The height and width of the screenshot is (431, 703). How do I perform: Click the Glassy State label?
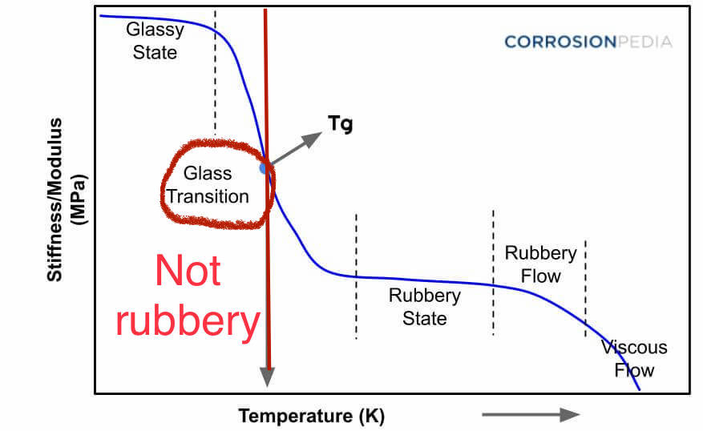tap(155, 41)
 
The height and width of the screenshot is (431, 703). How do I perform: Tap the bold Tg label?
tap(340, 124)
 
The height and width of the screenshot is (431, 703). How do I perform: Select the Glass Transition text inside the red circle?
tap(207, 184)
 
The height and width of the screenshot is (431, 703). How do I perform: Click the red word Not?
tap(188, 272)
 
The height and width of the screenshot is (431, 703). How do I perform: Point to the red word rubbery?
tap(188, 321)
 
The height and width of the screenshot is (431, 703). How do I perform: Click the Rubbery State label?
tap(425, 306)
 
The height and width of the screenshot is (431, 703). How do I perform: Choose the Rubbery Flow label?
tap(540, 264)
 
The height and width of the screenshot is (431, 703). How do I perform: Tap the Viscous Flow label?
tap(634, 359)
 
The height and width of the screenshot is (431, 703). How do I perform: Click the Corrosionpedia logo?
tap(588, 42)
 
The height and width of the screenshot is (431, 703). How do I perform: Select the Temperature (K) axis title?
tap(311, 417)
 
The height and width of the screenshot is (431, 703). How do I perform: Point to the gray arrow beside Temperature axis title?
tap(530, 414)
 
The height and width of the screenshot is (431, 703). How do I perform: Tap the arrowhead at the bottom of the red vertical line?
tap(267, 377)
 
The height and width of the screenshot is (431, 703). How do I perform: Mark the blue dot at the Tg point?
tap(264, 168)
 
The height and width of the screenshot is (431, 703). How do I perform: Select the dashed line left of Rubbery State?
tap(356, 276)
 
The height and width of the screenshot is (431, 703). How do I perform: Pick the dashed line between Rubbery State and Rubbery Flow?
tap(493, 272)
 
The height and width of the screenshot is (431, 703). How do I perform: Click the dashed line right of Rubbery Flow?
tap(585, 288)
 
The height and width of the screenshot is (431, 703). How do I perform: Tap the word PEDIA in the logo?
tap(646, 42)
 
